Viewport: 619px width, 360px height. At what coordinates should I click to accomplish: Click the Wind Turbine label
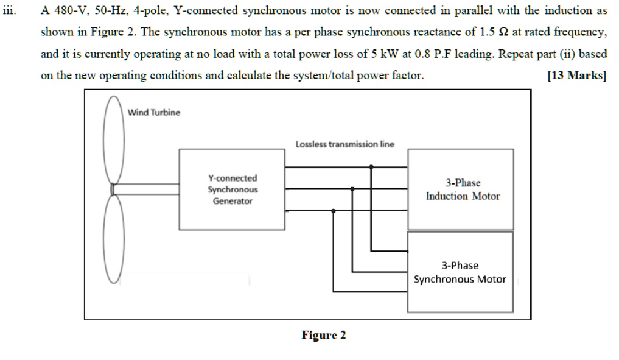(x=154, y=113)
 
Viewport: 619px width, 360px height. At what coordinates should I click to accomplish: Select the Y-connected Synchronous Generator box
(x=233, y=189)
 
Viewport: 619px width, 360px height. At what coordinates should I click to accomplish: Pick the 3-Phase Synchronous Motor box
(x=460, y=272)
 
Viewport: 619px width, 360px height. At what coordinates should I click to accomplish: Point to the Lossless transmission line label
(x=344, y=144)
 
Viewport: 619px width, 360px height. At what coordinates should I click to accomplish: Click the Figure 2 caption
(x=324, y=335)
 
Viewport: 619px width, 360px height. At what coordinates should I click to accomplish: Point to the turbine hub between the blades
(x=113, y=189)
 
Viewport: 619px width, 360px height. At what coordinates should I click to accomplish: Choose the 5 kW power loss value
(x=384, y=54)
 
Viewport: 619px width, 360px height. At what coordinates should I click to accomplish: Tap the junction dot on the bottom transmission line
(x=333, y=211)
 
